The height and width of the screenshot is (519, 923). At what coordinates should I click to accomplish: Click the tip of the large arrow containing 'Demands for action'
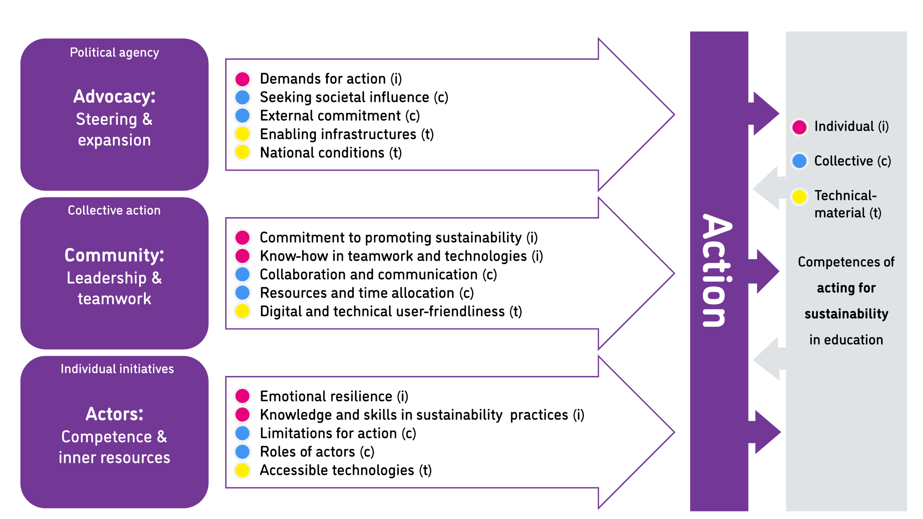674,115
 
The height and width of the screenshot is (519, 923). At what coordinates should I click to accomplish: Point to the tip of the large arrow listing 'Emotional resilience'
674,432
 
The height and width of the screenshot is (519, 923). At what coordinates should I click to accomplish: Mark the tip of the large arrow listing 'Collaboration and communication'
674,274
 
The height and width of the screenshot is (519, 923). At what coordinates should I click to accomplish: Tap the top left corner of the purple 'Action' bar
690,32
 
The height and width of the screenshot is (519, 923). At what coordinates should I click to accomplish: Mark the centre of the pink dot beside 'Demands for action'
242,79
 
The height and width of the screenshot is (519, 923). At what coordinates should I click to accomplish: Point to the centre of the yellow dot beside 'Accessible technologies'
242,470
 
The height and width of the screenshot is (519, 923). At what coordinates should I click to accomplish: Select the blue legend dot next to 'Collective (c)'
799,161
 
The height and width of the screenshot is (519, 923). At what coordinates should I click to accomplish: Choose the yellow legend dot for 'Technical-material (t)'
799,196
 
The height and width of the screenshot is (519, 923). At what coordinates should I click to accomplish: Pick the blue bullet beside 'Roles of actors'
242,452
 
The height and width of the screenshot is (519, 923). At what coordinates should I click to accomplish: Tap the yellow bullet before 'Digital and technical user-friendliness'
242,311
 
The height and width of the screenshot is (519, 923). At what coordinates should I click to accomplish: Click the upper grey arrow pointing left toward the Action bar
769,188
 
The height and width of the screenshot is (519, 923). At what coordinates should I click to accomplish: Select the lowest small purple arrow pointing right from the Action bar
764,432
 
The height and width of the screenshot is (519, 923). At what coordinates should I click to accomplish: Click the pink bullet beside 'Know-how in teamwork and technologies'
242,256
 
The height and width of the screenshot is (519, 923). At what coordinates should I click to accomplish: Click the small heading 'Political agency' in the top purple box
114,53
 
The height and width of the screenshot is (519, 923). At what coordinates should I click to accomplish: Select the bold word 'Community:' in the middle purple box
114,255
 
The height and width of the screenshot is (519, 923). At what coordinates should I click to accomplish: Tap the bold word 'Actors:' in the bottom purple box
114,414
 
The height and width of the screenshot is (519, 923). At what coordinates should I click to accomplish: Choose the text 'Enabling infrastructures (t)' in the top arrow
347,134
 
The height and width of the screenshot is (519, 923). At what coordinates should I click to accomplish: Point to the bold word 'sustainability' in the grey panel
846,314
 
